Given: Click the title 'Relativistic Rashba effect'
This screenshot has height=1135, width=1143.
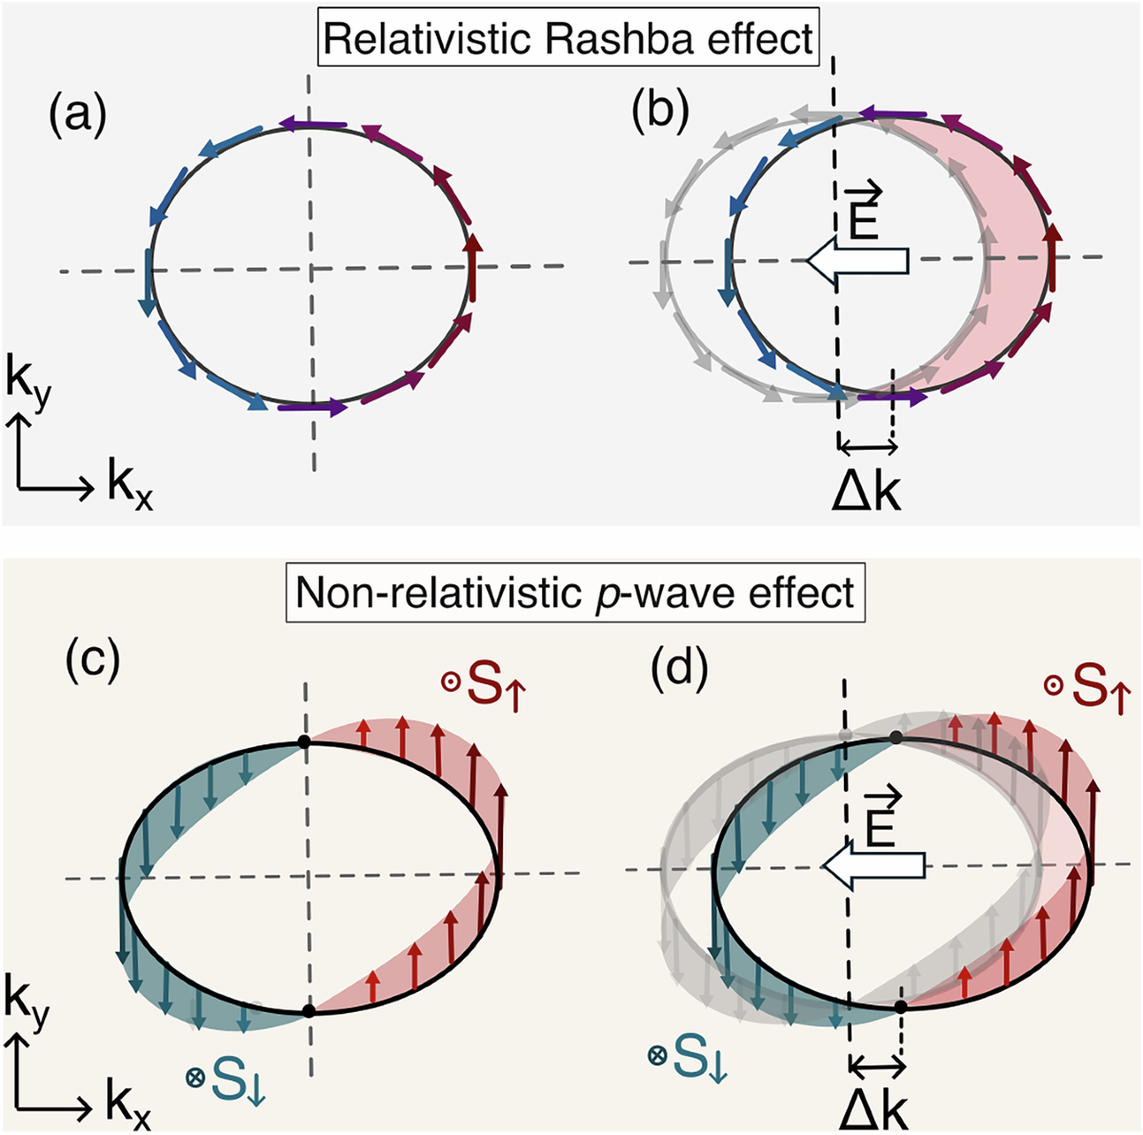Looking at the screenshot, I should pos(569,39).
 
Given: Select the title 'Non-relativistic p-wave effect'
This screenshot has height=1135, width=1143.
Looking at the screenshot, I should pos(574,593).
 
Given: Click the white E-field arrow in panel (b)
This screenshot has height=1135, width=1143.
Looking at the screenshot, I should pos(856,259).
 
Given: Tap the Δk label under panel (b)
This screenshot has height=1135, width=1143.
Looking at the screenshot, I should pos(866,491).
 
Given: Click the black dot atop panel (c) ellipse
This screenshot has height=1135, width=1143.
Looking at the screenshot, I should pos(304,741).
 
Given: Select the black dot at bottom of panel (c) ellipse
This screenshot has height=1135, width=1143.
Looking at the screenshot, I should pos(308,1010).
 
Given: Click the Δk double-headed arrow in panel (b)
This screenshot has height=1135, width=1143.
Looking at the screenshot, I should pos(866,446).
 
